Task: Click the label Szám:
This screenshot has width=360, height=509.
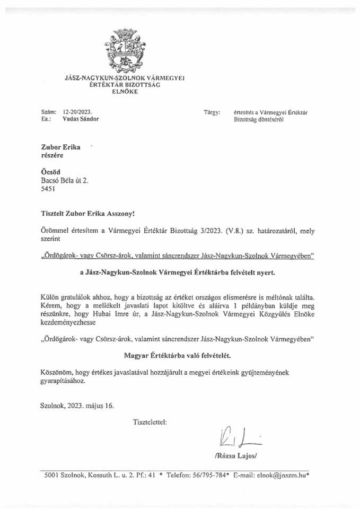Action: click(x=48, y=112)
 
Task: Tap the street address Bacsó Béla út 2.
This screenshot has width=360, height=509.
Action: click(x=65, y=180)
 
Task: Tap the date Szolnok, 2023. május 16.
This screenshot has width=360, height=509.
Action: click(x=76, y=406)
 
